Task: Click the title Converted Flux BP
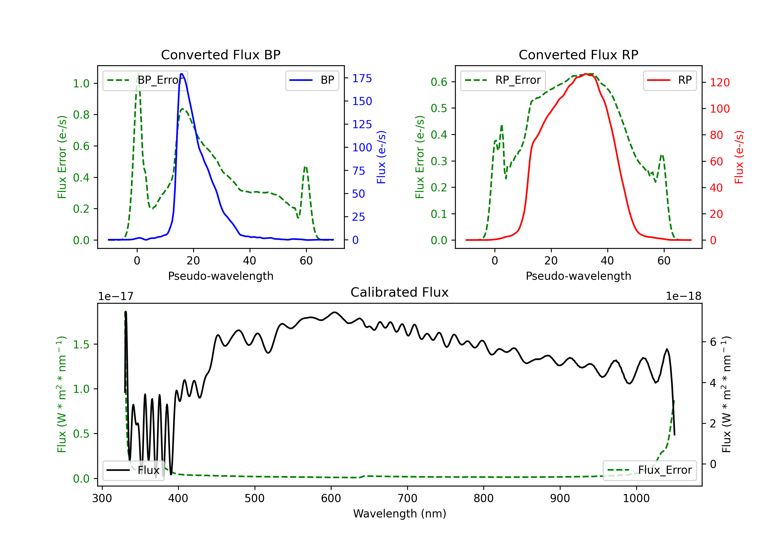point(220,55)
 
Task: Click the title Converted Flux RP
point(578,55)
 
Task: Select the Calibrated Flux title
point(400,292)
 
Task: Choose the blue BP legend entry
point(312,80)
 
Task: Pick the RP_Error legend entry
point(503,80)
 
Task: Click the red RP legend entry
point(669,80)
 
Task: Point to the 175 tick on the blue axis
point(362,79)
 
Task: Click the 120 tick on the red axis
point(719,82)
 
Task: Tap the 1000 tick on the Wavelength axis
point(636,498)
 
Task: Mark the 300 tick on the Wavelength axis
point(102,498)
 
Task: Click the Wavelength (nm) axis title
point(400,513)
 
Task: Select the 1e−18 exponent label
point(683,296)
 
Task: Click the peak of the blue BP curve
point(182,74)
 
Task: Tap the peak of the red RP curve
point(586,74)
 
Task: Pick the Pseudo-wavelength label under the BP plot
point(220,276)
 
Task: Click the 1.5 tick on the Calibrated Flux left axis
point(81,344)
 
